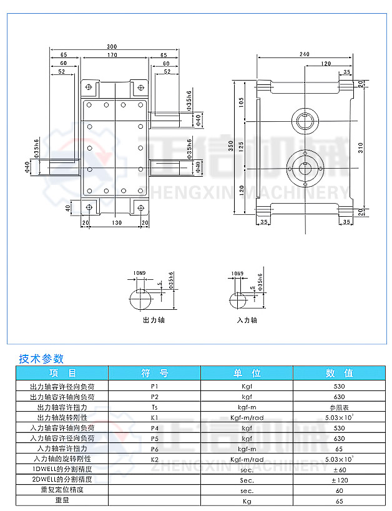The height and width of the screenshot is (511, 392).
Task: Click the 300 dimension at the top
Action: (112, 47)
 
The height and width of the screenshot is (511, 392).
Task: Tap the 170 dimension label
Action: (112, 56)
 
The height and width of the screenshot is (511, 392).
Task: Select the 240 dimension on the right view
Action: (304, 55)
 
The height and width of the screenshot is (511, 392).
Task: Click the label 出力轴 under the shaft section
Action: (154, 320)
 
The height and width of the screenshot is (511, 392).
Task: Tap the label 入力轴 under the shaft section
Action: (247, 320)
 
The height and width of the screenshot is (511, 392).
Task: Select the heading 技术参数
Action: (42, 359)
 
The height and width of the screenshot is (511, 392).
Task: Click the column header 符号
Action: (155, 373)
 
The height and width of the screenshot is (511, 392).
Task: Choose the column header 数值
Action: (340, 373)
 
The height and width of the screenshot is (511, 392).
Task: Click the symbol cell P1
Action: (155, 387)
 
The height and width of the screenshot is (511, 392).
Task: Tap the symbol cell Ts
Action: (155, 407)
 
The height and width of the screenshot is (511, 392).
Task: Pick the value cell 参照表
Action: (340, 407)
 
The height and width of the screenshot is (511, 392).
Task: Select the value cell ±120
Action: (340, 480)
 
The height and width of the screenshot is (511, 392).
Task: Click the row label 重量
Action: (62, 500)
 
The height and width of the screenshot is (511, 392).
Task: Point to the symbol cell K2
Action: (155, 459)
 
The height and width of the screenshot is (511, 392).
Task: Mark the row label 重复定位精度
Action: (62, 490)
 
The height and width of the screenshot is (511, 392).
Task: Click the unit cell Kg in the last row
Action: (247, 500)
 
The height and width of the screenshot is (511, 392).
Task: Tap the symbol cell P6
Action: (155, 449)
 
